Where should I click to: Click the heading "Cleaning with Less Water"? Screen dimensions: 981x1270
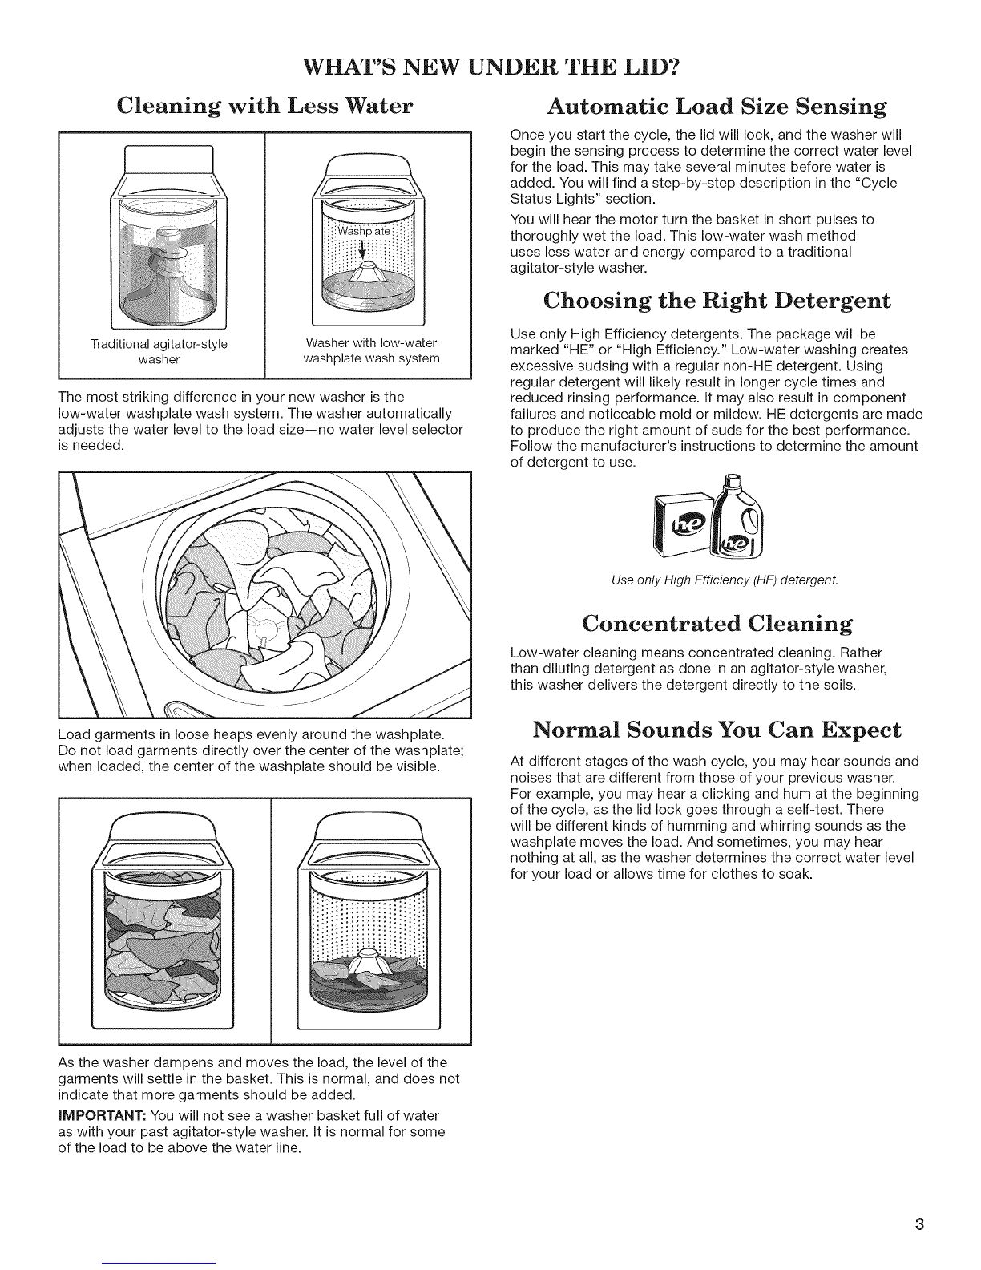pyautogui.click(x=264, y=106)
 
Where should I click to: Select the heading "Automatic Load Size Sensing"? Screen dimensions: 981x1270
pyautogui.click(x=717, y=107)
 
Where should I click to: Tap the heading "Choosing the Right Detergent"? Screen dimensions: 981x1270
pyautogui.click(x=717, y=301)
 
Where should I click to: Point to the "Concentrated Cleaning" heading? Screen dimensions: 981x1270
pyautogui.click(x=717, y=623)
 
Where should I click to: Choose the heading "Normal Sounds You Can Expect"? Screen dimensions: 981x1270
pyautogui.click(x=717, y=730)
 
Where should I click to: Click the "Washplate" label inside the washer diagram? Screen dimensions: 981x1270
pyautogui.click(x=363, y=231)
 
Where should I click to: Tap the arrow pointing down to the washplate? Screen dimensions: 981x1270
pyautogui.click(x=362, y=249)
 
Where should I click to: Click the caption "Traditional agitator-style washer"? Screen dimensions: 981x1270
pyautogui.click(x=159, y=351)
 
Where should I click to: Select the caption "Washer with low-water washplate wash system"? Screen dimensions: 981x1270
pyautogui.click(x=371, y=350)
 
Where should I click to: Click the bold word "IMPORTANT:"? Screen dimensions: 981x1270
pyautogui.click(x=103, y=1116)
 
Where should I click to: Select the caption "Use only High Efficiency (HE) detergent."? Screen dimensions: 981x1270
pyautogui.click(x=725, y=580)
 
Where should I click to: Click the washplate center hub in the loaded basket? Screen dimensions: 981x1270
pyautogui.click(x=266, y=629)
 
